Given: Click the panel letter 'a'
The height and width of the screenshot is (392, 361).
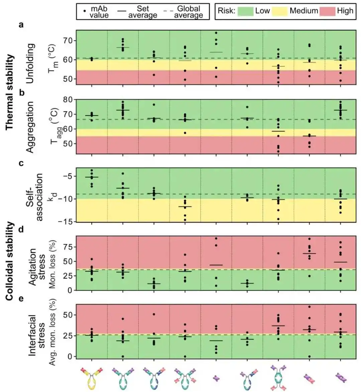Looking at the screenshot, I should point(21,24).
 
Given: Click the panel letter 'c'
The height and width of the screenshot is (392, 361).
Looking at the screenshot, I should point(21,163).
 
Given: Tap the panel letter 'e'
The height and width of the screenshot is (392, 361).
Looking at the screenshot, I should point(21,298).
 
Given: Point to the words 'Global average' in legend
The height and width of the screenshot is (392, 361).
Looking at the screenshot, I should point(188,12).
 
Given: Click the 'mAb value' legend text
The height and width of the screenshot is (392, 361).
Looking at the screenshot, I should point(99,12).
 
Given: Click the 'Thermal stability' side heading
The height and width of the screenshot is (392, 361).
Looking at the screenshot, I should point(10,92).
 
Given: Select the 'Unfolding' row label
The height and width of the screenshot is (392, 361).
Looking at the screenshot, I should point(30,63).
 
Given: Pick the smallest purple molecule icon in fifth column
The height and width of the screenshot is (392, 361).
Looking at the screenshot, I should point(216,378).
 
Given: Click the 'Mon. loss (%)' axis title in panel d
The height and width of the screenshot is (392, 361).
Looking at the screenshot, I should point(53,263).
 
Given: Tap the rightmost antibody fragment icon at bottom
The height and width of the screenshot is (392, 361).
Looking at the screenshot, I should point(341,378).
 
